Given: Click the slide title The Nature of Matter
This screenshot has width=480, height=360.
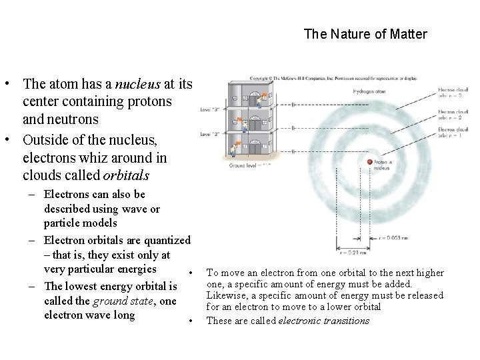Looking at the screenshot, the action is [x=365, y=33].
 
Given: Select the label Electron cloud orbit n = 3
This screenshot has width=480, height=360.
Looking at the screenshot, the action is [x=453, y=93].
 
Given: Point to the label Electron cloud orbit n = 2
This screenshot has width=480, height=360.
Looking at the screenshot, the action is [x=453, y=114].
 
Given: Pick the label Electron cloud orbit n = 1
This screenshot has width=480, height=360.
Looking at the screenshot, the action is [x=453, y=132].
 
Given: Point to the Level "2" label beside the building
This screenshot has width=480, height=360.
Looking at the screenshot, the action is [x=210, y=135].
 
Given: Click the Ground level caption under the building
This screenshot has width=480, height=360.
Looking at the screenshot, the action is [x=247, y=164].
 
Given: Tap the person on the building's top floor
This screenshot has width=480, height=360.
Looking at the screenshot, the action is [x=263, y=98].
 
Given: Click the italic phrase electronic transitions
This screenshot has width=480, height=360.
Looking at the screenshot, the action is [x=323, y=321].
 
